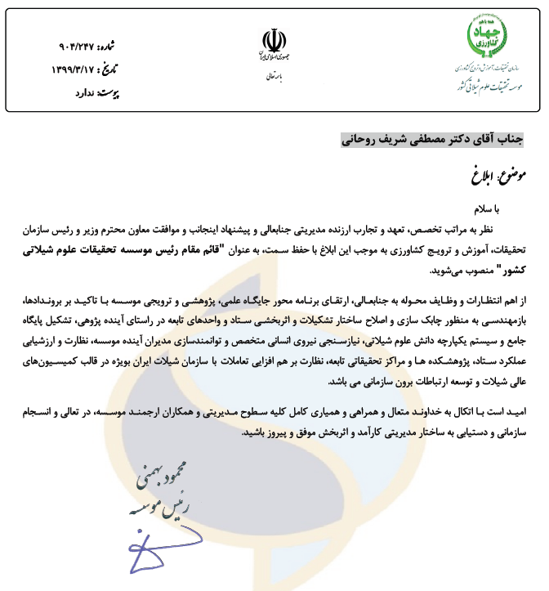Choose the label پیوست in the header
tap(108, 92)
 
